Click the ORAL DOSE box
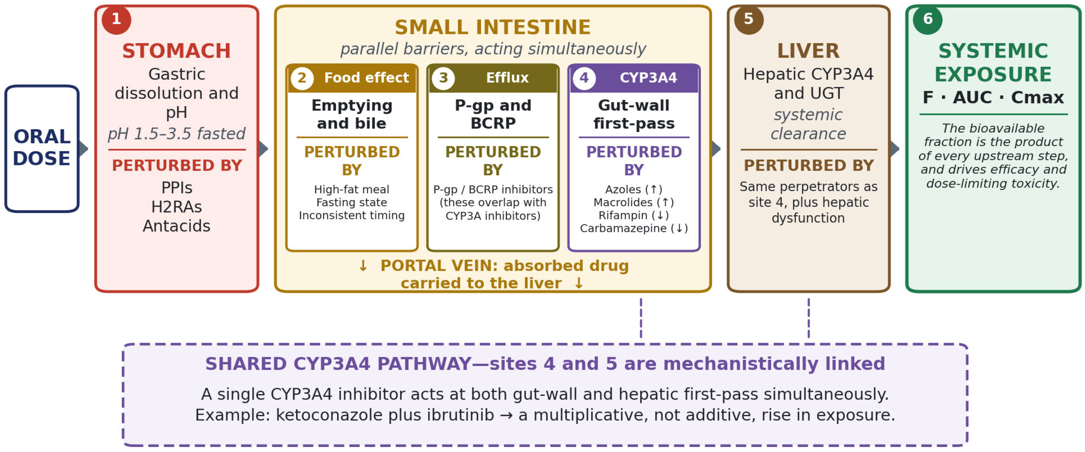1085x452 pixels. pos(42,148)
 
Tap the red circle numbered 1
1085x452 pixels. pos(116,19)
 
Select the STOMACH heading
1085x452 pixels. pos(176,51)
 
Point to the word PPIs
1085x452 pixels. pos(176,187)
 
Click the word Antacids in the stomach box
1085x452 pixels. pos(176,226)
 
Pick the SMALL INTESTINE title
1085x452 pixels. pos(492,27)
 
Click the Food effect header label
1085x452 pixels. pos(366,78)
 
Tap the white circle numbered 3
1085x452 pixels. pos(443,78)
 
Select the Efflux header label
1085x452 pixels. pos(507,78)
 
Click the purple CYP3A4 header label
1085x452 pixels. pos(648,78)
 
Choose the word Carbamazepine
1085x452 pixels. pos(623,228)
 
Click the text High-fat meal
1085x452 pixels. pos(352,190)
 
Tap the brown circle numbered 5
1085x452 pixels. pos(748,19)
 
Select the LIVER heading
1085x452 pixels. pos(808,51)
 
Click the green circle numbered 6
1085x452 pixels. pos(927,19)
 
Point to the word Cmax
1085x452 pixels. pos(1038,97)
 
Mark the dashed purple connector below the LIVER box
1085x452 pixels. pos(809,318)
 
